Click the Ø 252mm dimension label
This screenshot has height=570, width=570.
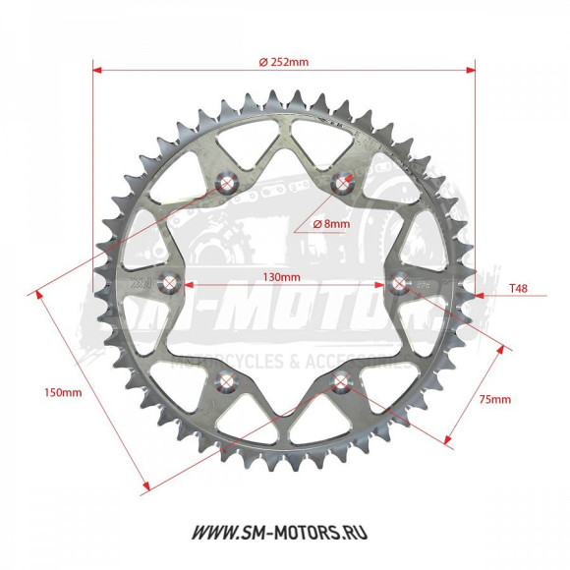coord(283,61)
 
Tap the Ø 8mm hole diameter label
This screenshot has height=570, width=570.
coord(331,224)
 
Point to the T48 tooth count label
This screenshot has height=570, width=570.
coord(520,290)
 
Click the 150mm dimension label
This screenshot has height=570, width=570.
coord(64,391)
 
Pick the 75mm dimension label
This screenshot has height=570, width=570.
coord(493,399)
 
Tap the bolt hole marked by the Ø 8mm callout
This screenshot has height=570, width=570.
coord(343,182)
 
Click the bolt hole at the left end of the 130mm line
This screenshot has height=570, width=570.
coord(170,284)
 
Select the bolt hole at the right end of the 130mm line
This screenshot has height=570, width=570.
coord(400,283)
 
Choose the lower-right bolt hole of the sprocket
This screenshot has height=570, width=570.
coord(342,381)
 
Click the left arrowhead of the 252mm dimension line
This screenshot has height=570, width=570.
coord(97,70)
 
